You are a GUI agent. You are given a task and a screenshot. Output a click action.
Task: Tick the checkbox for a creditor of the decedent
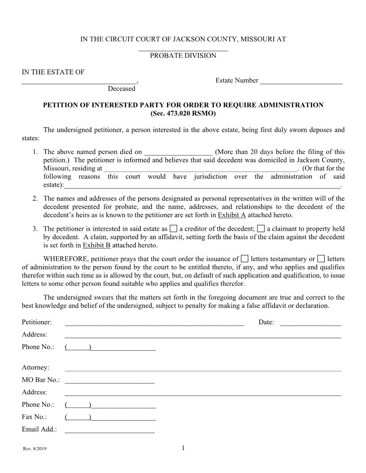(x=174, y=228)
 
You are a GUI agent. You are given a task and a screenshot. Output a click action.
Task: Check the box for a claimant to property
(x=261, y=228)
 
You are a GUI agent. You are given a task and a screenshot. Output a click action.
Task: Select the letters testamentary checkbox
(x=244, y=259)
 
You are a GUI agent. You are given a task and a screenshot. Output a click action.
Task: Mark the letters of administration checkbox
(x=321, y=259)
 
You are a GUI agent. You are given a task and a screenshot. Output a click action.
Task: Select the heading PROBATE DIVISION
(x=183, y=56)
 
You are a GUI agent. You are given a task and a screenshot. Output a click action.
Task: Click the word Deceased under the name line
(x=121, y=89)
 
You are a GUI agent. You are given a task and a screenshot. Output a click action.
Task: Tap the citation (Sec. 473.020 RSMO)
(x=183, y=113)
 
